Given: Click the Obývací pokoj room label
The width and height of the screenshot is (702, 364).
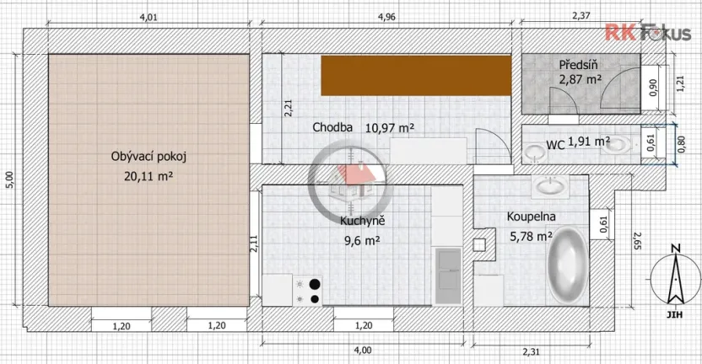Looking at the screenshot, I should pos(148,157).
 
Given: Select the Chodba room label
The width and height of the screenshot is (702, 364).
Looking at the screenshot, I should pos(332,128).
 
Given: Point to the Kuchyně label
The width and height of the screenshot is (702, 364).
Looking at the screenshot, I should pos(363,222).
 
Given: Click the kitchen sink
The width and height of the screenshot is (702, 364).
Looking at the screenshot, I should pos(447,275).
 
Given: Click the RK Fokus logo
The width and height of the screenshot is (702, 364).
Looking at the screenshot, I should pos(647,33).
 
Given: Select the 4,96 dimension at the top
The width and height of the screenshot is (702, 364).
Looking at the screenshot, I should pos(387,16).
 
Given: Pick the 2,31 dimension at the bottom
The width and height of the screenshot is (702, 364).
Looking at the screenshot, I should pos(531,351).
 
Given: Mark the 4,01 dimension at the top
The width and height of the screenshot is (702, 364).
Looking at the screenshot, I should pos(148,16).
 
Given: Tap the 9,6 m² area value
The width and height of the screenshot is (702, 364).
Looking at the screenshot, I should pos(362,239).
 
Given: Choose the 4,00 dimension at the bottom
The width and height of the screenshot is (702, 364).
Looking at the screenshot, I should pos(363,350).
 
